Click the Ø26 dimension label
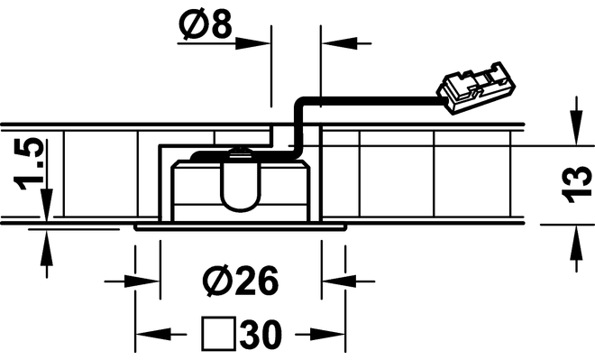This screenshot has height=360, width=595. coord(241,281)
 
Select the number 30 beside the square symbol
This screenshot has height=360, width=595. coord(261,335)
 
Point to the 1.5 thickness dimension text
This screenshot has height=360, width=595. coord(29,164)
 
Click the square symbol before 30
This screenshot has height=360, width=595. coord(218,333)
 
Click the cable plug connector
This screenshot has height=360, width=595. coord(476,88)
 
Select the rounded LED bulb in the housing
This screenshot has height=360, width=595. coord(241,180)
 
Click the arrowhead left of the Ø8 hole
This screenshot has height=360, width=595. coord(252,43)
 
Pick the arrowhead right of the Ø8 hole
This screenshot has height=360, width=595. coord(340,43)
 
